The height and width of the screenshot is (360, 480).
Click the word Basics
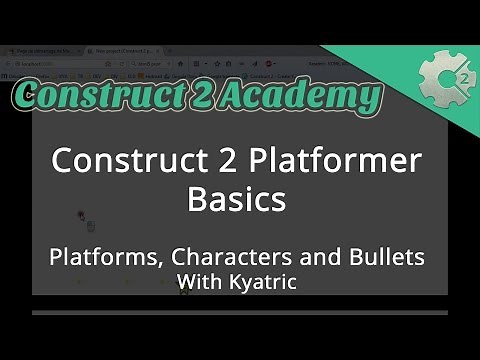click(237, 197)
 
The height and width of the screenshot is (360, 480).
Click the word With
click(198, 282)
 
